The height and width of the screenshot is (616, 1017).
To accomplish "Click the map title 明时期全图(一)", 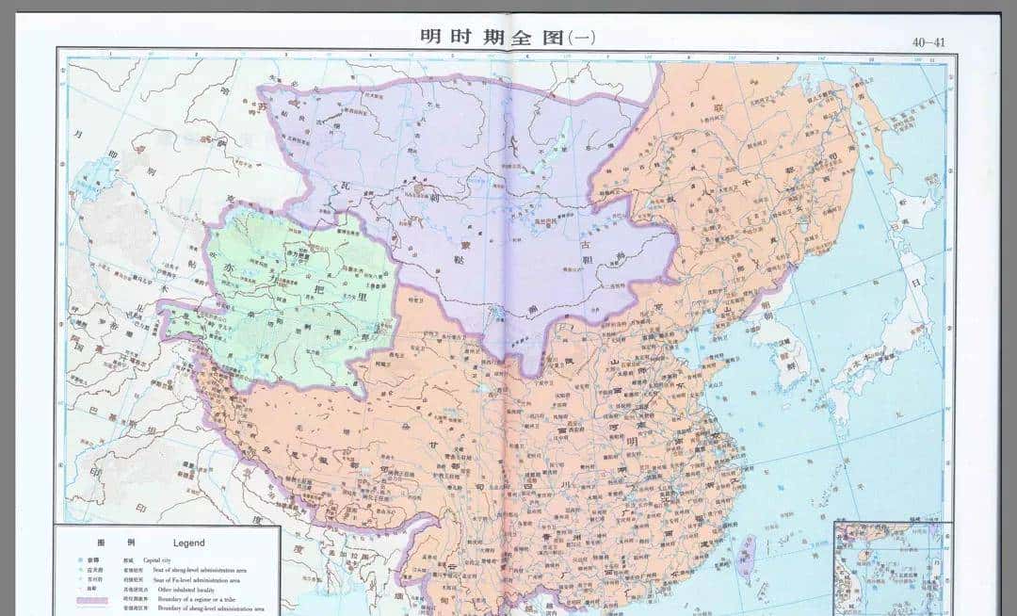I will (508, 38).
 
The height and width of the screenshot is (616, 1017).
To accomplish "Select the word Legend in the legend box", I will (188, 543).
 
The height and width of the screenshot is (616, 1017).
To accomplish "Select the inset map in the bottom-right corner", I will (890, 565).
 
